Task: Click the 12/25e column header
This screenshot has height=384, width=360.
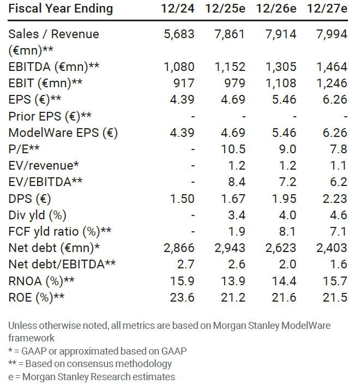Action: (226, 9)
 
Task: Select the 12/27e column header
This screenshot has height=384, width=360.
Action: (327, 9)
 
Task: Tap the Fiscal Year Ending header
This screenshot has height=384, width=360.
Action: (61, 9)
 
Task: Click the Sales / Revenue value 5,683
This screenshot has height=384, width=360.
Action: (179, 34)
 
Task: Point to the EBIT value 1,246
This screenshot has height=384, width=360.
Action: (329, 83)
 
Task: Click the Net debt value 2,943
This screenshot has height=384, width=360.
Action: (229, 248)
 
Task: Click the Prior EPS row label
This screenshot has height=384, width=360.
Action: (50, 116)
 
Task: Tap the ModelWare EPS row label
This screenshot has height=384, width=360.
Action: (63, 133)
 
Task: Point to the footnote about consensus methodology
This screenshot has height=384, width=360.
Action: (90, 363)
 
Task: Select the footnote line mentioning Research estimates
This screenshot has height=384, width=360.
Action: (92, 376)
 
